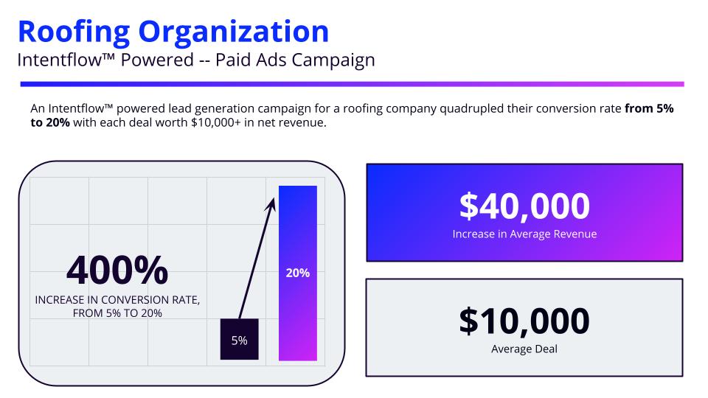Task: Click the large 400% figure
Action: [x=117, y=270]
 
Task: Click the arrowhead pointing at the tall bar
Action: [x=271, y=200]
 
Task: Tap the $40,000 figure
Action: [x=524, y=206]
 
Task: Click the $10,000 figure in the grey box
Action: [x=524, y=321]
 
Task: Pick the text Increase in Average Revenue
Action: [x=524, y=234]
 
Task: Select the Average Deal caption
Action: [x=524, y=349]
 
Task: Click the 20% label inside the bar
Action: [x=297, y=273]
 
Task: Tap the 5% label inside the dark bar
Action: [x=239, y=341]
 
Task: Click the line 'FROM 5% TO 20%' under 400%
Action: [x=118, y=313]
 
